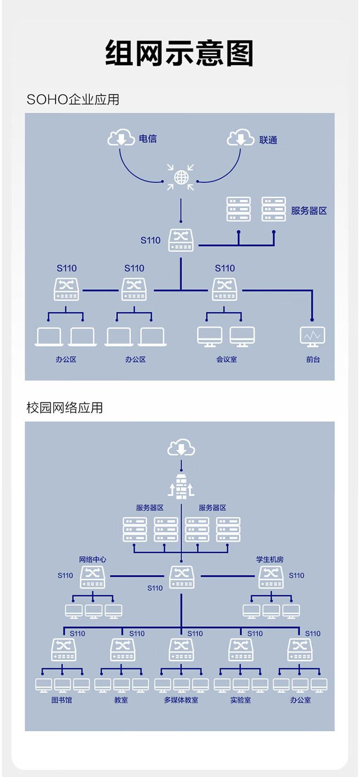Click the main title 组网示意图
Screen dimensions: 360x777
(179, 52)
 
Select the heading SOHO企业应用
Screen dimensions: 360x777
(73, 99)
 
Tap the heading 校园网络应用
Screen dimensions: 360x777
(65, 407)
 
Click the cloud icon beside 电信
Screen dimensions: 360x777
(121, 137)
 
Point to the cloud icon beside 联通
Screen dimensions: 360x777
(240, 138)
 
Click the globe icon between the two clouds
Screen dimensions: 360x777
(181, 178)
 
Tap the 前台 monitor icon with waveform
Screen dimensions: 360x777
(312, 336)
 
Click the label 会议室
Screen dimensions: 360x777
(226, 360)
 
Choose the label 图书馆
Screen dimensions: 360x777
(62, 700)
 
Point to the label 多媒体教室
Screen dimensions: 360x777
(181, 700)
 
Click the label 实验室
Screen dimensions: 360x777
(240, 700)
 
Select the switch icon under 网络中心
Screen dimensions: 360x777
(93, 577)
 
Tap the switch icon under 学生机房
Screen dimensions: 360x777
(271, 577)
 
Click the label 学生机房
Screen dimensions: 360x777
(270, 560)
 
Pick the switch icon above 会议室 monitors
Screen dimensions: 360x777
(225, 289)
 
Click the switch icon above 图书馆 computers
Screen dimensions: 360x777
(64, 650)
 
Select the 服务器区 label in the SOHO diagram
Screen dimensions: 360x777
(309, 211)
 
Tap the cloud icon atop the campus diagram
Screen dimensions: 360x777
(181, 448)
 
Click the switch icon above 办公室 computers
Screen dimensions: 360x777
(300, 650)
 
